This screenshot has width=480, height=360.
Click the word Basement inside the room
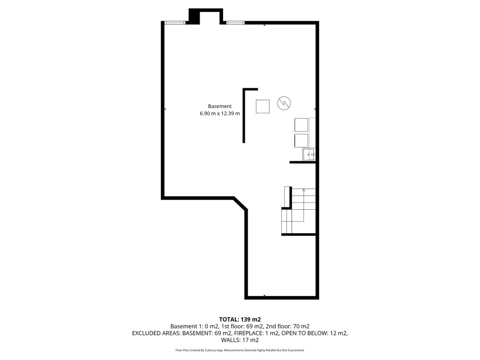coord(220,106)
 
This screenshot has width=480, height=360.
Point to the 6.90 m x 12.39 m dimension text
coord(220,113)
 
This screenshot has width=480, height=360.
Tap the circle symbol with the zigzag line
coord(284,103)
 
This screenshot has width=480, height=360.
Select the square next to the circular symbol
coord(263,107)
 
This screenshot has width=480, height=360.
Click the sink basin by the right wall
coord(309,154)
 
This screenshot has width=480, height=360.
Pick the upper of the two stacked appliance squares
coord(301,125)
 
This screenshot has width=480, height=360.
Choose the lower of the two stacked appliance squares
coord(301,141)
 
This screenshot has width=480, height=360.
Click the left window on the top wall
coord(175,23)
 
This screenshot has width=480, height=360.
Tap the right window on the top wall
coord(235,23)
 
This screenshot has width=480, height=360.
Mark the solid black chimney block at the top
coord(194,16)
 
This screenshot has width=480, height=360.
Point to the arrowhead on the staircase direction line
coord(304,190)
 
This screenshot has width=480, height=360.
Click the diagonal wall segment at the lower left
coord(240,204)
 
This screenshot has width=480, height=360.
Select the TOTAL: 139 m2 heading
coord(240,320)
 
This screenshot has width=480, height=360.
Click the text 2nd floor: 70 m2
coord(288,326)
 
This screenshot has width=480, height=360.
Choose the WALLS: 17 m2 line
coord(240,340)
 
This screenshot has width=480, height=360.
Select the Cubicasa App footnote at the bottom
coord(240,350)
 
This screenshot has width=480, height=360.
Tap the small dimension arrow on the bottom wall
coord(264,296)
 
